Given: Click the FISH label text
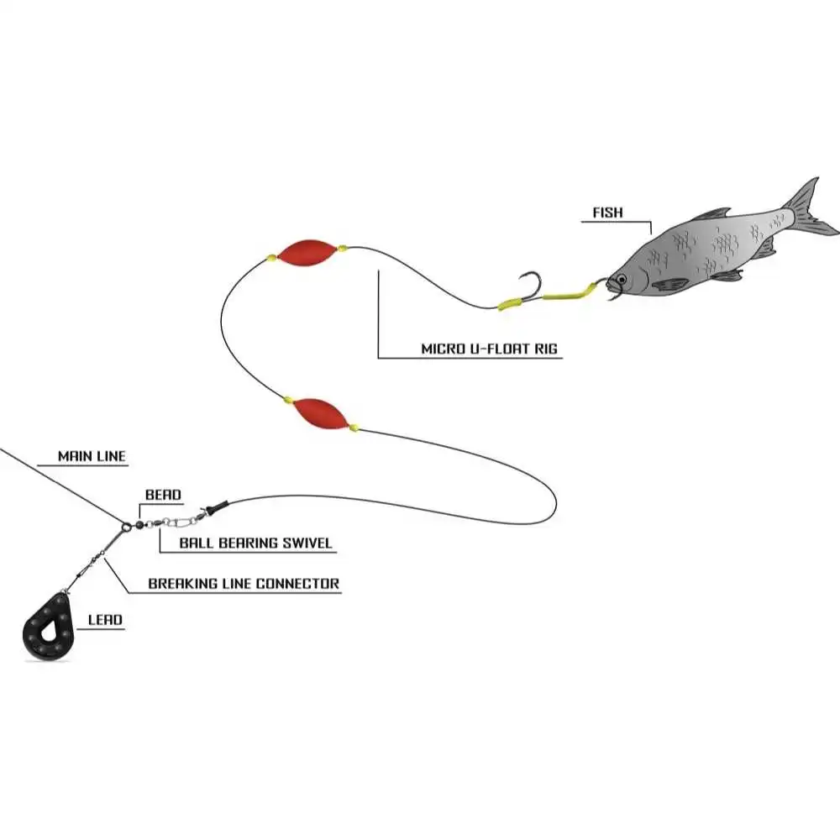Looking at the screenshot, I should [x=607, y=213].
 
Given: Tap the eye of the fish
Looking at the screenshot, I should [x=620, y=279].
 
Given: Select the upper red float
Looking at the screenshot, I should [x=307, y=254].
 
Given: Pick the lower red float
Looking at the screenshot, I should [x=320, y=413].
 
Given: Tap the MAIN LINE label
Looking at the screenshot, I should [x=92, y=456].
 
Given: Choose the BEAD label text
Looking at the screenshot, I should [x=163, y=496].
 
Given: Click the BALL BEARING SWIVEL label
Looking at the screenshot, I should [x=255, y=543].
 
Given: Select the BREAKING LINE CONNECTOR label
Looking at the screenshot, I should [x=244, y=583].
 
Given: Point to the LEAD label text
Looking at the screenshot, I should [x=105, y=621].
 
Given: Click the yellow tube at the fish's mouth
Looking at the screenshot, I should [x=570, y=293].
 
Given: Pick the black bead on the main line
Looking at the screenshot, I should [x=127, y=526].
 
